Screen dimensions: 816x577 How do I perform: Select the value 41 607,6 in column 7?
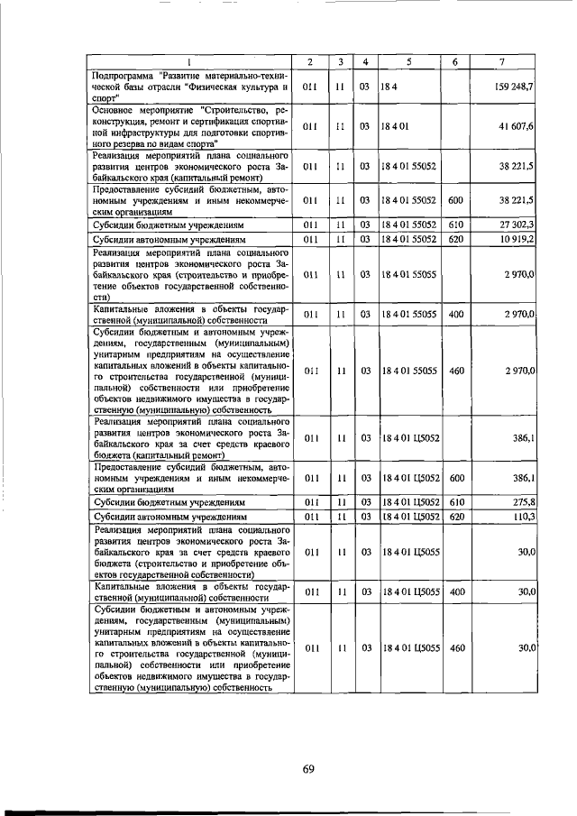pyautogui.click(x=515, y=127)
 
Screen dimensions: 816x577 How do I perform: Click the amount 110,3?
pyautogui.click(x=523, y=516)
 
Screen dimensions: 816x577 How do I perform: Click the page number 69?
pyautogui.click(x=307, y=769)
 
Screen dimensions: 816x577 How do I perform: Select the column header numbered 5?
pyautogui.click(x=409, y=61)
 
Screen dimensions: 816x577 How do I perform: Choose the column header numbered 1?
pyautogui.click(x=190, y=61)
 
